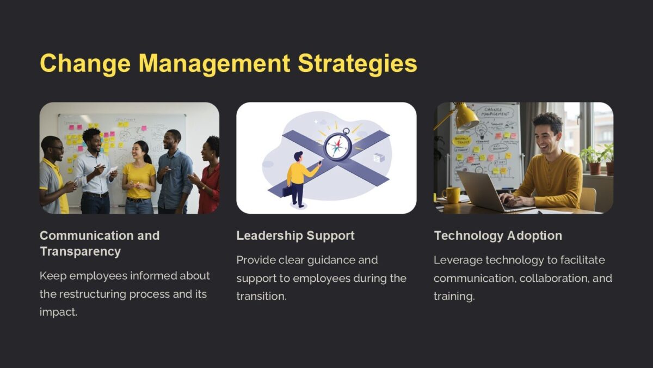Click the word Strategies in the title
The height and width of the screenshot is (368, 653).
(357, 64)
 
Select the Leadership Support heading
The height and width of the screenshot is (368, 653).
(295, 236)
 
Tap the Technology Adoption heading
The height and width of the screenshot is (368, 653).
(497, 236)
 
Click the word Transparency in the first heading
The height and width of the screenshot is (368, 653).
(80, 251)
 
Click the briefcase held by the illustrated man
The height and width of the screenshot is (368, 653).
(287, 191)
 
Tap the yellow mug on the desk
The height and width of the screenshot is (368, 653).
(451, 195)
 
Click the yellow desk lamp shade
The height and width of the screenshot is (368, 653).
(467, 117)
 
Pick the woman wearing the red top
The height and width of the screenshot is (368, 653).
(208, 177)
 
